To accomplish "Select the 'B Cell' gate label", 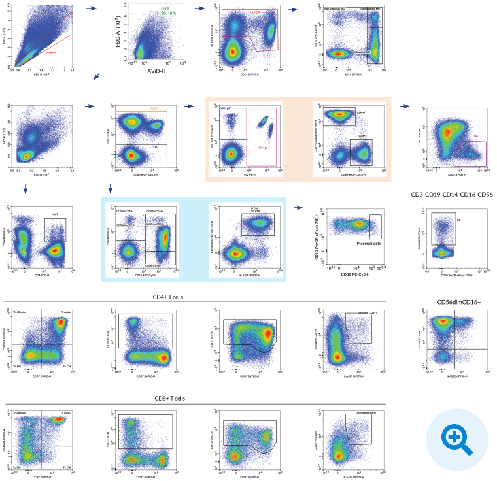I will pos(255,208).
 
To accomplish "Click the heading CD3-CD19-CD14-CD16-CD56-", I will pos(453,194).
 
